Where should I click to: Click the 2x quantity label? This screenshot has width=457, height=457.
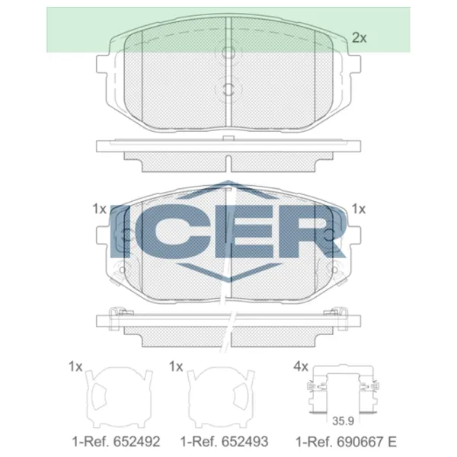click(x=359, y=38)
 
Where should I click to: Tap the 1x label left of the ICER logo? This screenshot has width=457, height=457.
click(x=99, y=209)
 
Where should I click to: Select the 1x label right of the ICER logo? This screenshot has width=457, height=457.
click(x=359, y=209)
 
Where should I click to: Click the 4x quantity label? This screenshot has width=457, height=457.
click(x=301, y=366)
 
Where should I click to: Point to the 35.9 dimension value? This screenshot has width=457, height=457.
click(x=343, y=421)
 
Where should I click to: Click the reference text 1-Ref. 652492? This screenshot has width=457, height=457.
click(x=116, y=442)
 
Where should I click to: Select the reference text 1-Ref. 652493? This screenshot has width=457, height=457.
click(x=224, y=442)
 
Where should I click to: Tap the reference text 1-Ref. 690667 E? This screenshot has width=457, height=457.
click(x=346, y=442)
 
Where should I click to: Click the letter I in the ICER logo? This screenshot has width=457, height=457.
click(x=120, y=231)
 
